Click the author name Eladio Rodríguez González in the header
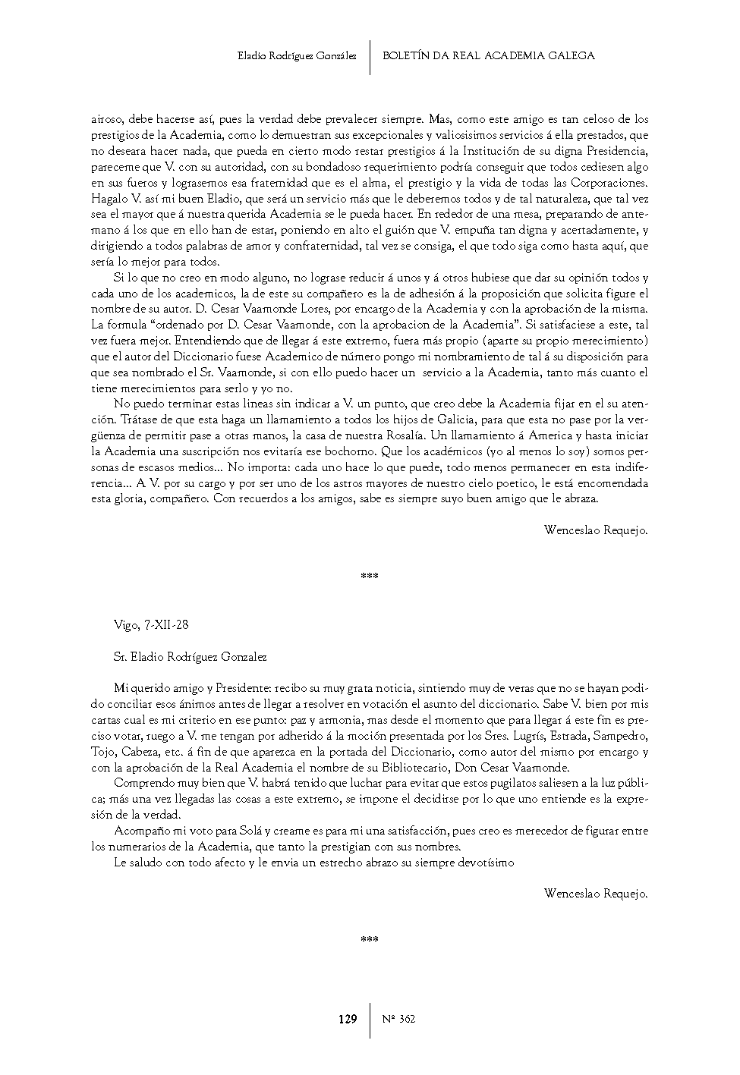297,56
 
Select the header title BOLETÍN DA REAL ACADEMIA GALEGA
488,56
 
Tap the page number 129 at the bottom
348,1020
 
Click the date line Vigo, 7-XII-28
151,626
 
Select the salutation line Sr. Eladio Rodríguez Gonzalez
190,657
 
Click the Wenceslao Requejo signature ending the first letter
596,531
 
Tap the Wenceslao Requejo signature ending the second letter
596,894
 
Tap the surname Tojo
103,752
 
